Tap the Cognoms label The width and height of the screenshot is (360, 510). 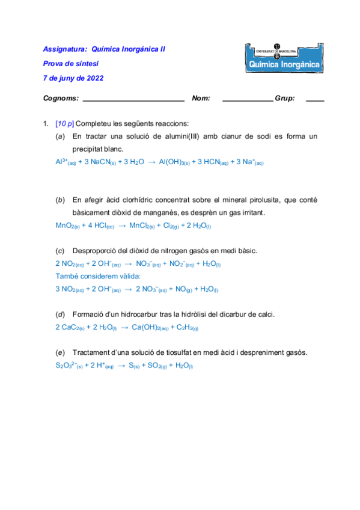[x=61, y=98]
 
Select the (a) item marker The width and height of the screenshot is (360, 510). [x=59, y=137]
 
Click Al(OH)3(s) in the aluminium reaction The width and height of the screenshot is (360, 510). [x=174, y=162]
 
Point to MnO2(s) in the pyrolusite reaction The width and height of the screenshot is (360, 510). [x=67, y=225]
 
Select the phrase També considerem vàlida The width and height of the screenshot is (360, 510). [x=98, y=276]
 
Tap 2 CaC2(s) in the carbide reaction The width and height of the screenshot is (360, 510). [x=69, y=327]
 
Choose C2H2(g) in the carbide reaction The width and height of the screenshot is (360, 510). [x=187, y=327]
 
